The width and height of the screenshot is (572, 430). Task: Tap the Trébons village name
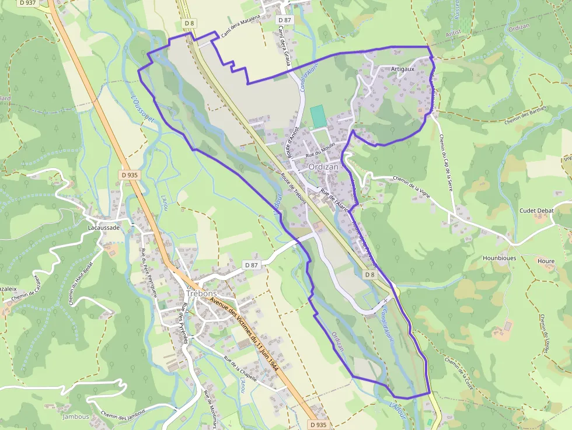point(201,293)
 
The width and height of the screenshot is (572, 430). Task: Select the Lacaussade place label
point(103,228)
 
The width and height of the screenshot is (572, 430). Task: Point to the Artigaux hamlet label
point(403,69)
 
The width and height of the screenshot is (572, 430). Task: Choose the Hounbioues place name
point(499,257)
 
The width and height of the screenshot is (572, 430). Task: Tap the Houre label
point(546,261)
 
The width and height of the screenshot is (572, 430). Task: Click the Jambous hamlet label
point(76,417)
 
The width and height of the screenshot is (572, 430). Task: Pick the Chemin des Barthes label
point(525,115)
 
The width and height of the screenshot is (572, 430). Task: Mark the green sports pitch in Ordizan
point(318,116)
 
